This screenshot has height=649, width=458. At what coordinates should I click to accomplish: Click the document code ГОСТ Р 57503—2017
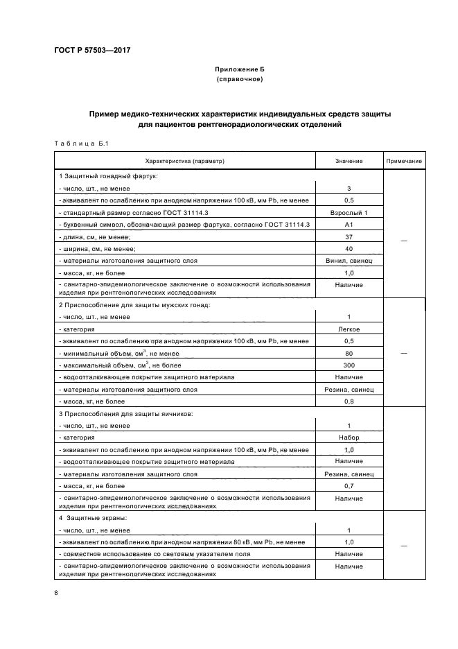(x=91, y=51)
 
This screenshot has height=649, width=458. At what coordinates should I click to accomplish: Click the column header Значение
(x=349, y=161)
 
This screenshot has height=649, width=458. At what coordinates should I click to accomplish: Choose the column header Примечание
(x=404, y=161)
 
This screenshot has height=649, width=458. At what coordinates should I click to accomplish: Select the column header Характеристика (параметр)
(x=185, y=161)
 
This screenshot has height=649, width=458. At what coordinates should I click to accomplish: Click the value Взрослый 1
(x=349, y=212)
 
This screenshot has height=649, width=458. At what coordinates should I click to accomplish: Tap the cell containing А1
(x=349, y=225)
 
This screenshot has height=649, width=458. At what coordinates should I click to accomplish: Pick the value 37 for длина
(x=349, y=236)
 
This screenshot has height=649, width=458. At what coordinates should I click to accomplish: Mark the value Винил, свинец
(x=349, y=261)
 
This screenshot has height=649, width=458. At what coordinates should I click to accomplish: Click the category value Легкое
(x=349, y=329)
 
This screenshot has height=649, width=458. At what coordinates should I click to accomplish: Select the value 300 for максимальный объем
(x=349, y=365)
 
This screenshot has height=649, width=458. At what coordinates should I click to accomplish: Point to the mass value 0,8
(x=349, y=401)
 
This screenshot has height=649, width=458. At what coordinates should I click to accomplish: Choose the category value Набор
(x=349, y=438)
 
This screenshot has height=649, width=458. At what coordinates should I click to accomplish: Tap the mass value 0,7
(x=349, y=486)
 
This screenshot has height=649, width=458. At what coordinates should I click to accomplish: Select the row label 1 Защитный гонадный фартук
(x=109, y=176)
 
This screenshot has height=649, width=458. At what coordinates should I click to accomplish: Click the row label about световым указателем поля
(x=152, y=554)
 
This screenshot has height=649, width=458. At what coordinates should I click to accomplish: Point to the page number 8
(x=56, y=592)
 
